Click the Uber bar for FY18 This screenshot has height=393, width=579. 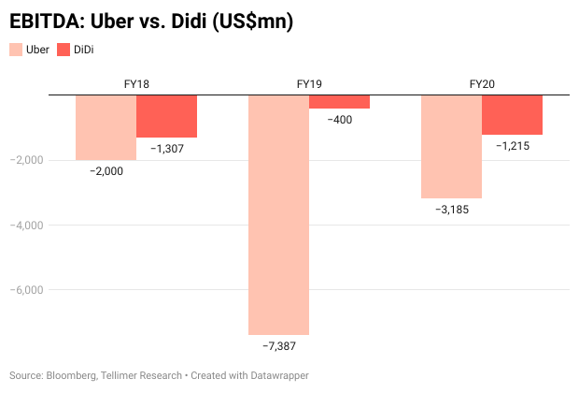click(106, 127)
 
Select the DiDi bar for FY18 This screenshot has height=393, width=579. click(166, 116)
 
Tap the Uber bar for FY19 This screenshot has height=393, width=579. click(278, 214)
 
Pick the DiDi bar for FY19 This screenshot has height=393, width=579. click(339, 102)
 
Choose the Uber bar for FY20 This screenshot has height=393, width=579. click(451, 147)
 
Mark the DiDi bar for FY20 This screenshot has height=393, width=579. click(512, 115)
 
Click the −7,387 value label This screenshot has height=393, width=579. click(278, 346)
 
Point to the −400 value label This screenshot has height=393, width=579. click(339, 120)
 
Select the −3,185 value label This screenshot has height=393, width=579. click(451, 210)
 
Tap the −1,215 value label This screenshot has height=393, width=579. click(512, 146)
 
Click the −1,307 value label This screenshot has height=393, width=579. click(166, 149)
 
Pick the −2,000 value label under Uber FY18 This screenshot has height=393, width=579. click(106, 171)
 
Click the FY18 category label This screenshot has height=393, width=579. click(136, 84)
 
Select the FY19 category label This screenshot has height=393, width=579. click(309, 84)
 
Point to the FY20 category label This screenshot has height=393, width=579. click(482, 84)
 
